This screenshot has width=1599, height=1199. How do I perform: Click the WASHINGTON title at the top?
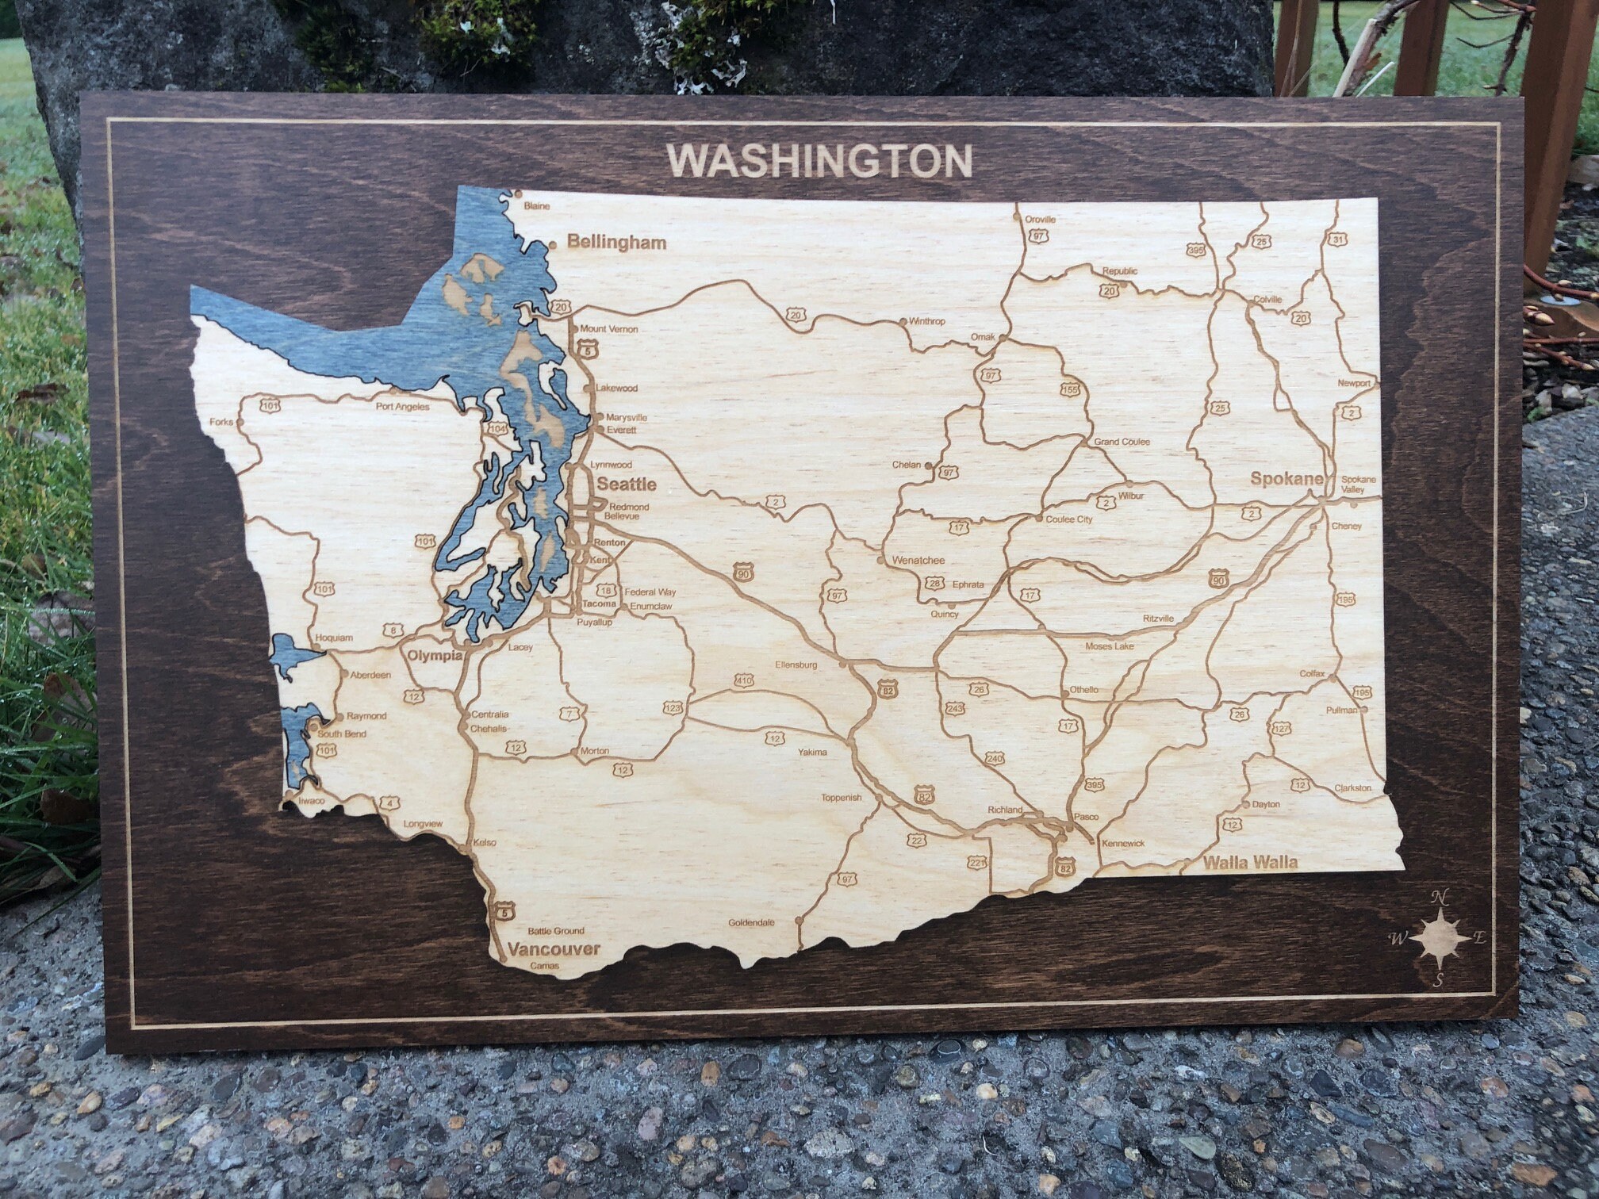point(819,161)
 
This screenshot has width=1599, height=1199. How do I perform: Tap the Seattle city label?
point(627,484)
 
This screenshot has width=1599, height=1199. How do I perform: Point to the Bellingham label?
point(616,243)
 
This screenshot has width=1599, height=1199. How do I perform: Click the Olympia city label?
point(435,656)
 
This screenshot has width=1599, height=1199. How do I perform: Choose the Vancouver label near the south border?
point(554,948)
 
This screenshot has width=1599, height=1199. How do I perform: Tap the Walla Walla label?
point(1250,863)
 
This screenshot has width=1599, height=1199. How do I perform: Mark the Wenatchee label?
point(918,560)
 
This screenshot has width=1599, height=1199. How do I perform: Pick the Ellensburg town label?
point(796,665)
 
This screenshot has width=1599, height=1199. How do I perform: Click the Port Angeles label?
point(402,407)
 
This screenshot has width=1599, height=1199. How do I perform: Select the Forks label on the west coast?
point(221,422)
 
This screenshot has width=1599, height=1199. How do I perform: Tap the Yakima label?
point(812,752)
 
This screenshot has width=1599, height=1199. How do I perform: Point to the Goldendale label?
point(751,923)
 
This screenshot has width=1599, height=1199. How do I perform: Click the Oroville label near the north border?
point(1040,220)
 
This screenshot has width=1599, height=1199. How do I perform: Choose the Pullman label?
point(1341,711)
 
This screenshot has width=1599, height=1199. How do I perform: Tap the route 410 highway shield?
point(744,680)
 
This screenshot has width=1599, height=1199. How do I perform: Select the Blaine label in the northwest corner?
point(537,206)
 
